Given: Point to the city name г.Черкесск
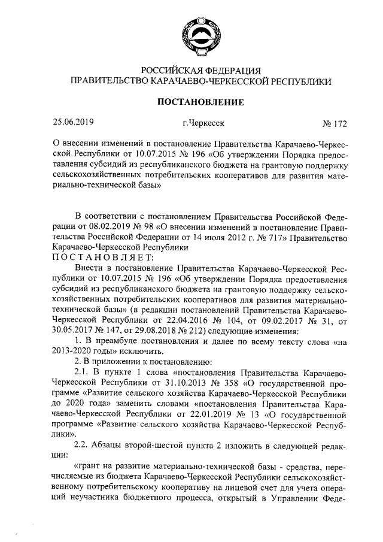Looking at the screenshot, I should (x=203, y=123).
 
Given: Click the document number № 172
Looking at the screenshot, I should (x=335, y=124).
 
